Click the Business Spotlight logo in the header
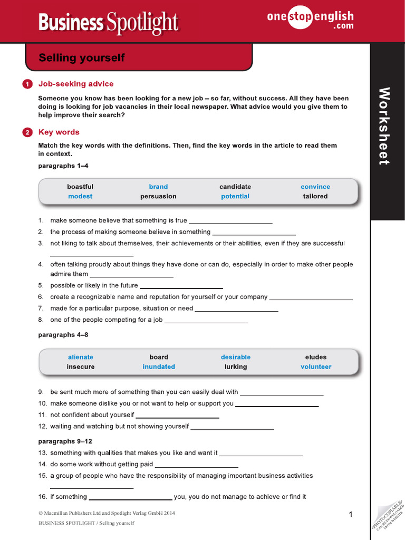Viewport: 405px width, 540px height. (109, 22)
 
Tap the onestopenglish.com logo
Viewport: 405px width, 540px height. (310, 21)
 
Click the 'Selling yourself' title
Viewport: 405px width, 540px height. (82, 57)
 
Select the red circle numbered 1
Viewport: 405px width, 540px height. (27, 84)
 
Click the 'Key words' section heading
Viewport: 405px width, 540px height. (59, 132)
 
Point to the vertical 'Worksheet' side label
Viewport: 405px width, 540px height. (385, 127)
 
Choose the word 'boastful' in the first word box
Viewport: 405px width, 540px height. (80, 187)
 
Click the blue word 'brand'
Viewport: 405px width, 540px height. (158, 187)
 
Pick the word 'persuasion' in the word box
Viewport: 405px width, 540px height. (158, 196)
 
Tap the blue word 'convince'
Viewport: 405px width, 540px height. (315, 187)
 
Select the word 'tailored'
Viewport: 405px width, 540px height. (315, 196)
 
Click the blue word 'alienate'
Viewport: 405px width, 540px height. (81, 357)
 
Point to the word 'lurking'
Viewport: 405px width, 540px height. (236, 367)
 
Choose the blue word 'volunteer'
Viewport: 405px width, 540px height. (316, 367)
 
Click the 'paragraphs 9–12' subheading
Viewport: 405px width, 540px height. (65, 441)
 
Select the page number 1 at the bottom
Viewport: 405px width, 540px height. (351, 514)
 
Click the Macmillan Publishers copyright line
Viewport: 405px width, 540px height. (107, 513)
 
